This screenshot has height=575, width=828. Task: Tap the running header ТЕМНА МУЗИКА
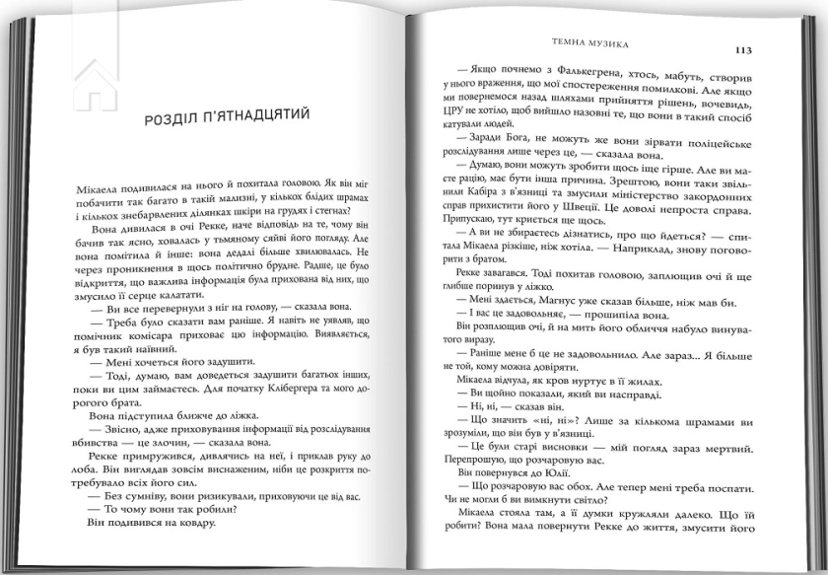(592, 44)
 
